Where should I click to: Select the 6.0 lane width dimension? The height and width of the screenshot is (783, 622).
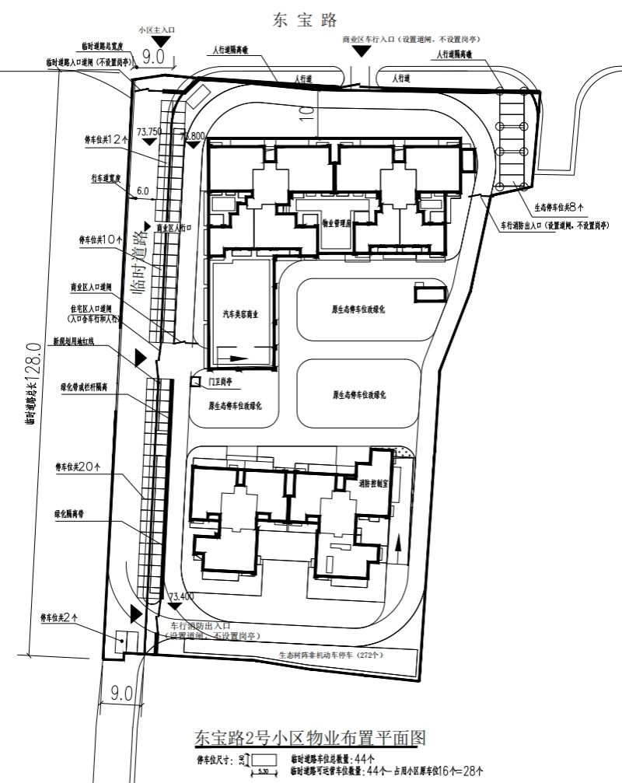[142, 191]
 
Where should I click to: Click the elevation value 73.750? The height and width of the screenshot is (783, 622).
[149, 131]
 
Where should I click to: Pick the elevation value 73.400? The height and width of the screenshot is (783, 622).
[180, 596]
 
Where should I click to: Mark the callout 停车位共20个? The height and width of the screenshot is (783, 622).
[78, 467]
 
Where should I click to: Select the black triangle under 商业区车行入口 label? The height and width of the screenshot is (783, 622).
[361, 51]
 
